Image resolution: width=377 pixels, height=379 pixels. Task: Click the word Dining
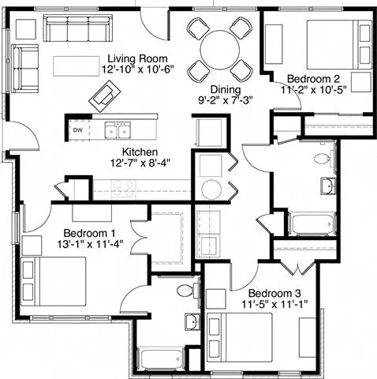(x=225, y=90)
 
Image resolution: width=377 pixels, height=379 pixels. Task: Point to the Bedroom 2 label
(x=313, y=79)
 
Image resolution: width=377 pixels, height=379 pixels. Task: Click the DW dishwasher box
(x=77, y=129)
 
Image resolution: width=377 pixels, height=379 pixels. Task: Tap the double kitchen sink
(x=119, y=129)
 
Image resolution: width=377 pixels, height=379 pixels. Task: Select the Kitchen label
(x=140, y=152)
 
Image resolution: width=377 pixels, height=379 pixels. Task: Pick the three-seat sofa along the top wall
(x=76, y=30)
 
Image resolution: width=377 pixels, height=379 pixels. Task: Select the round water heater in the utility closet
(x=212, y=189)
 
